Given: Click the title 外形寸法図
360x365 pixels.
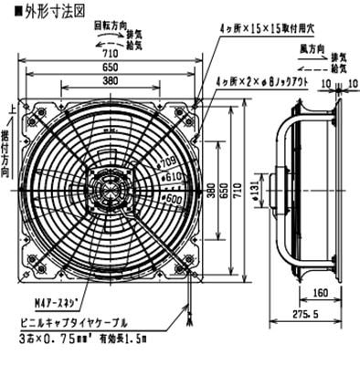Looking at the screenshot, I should (36, 12).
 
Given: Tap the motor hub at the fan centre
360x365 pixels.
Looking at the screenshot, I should (112, 189).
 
